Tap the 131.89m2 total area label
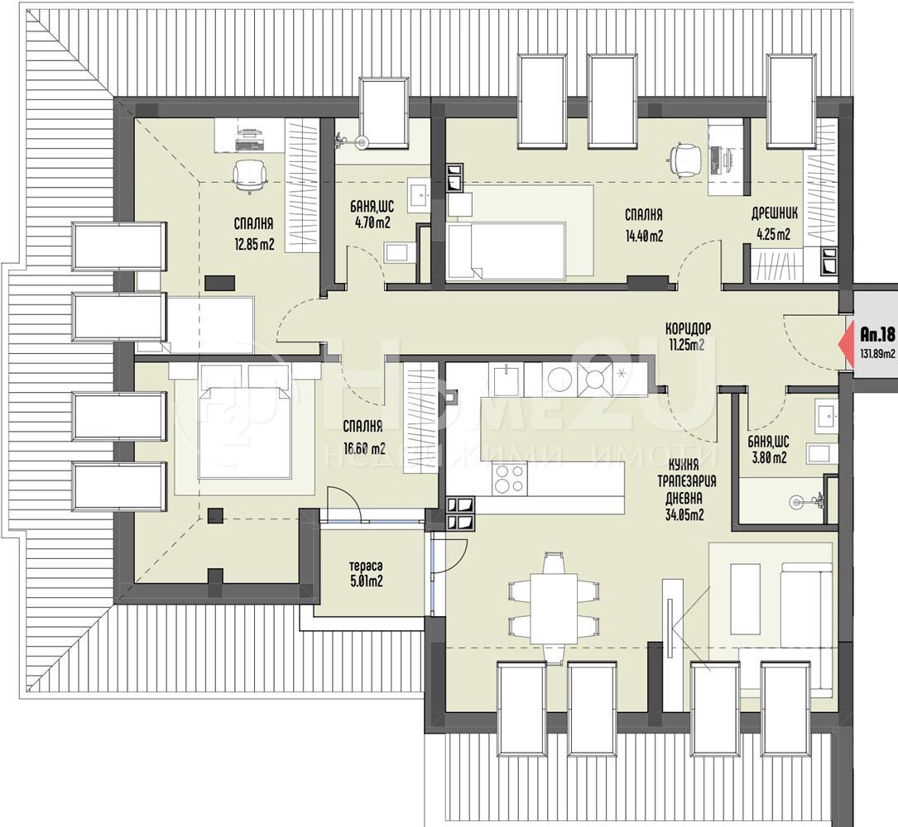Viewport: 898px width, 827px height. point(876,354)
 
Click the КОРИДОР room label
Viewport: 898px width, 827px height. point(688,328)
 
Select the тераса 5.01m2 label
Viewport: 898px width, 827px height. point(366,574)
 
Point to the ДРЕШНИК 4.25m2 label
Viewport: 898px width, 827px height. point(775,224)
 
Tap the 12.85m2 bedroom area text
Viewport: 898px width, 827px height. point(254,245)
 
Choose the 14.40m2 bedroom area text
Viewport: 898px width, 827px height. point(644,235)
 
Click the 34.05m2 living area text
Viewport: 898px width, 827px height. point(685,514)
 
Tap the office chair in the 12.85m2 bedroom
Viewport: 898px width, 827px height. point(250,175)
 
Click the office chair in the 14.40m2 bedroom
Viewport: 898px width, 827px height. point(685,157)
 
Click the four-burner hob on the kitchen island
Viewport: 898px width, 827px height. point(509,479)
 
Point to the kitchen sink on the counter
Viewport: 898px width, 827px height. point(507,381)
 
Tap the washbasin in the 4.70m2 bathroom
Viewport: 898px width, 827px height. point(420,194)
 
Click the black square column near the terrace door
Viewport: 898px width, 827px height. point(215,516)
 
